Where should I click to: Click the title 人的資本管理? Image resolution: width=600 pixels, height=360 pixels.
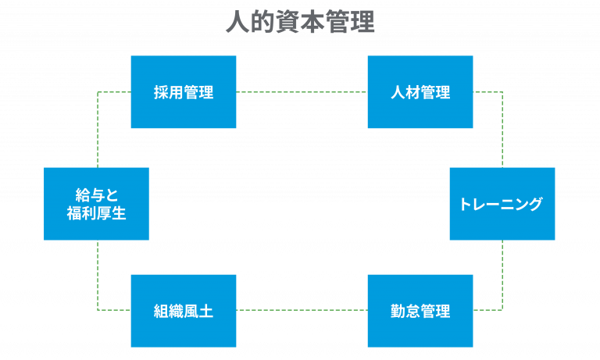pos(300,23)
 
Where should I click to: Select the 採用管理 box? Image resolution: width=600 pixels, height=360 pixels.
pos(184,92)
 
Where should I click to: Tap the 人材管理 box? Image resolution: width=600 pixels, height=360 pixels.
pos(420,92)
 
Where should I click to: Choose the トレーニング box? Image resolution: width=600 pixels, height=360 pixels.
pos(502,204)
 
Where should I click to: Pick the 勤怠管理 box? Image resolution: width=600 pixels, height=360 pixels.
pos(420,311)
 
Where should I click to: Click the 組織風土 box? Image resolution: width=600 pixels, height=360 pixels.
pos(184,311)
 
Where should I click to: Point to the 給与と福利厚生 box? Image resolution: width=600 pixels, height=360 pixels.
pos(96,204)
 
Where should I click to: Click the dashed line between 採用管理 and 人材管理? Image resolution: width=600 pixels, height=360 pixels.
pos(302,92)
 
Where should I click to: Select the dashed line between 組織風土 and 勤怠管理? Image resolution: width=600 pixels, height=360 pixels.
pos(302,310)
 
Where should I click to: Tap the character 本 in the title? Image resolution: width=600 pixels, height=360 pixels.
pos(313,23)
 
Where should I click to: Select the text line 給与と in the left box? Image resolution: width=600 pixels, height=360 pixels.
pos(96,195)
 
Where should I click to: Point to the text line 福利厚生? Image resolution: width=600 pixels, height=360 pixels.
pos(96,213)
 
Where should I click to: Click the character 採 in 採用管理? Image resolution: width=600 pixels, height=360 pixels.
pos(161,92)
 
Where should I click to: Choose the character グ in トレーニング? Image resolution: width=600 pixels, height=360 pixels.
pos(534,204)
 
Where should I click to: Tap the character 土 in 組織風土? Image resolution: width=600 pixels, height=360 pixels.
pos(206,311)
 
